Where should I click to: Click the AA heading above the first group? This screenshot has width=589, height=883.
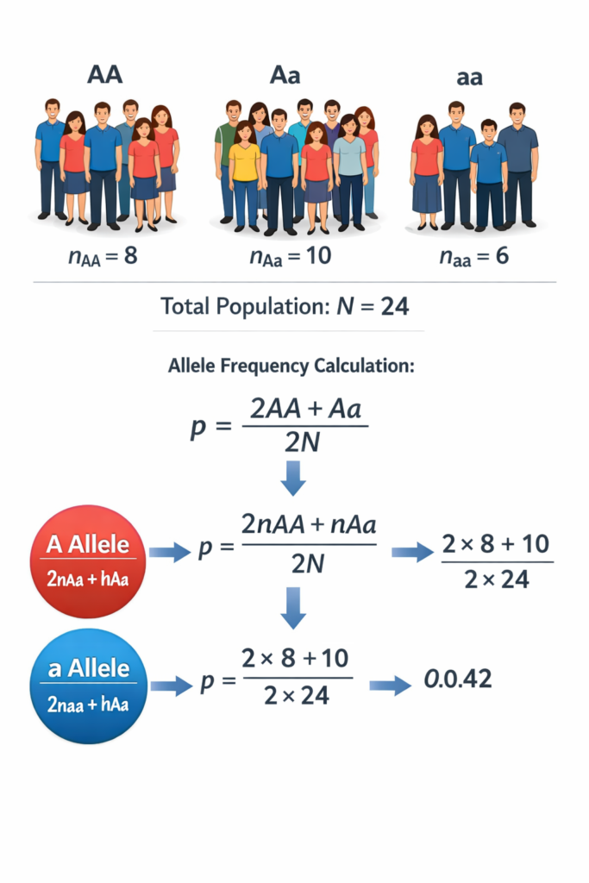tap(105, 74)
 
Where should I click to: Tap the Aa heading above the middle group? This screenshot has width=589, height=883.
tap(285, 74)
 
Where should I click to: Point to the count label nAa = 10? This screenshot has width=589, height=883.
tap(283, 256)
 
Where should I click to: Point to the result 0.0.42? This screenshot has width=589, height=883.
tap(458, 679)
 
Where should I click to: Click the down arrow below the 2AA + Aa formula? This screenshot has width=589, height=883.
tap(293, 478)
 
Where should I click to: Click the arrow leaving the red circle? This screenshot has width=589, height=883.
tap(169, 553)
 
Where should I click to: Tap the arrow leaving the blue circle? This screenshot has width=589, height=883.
tap(169, 686)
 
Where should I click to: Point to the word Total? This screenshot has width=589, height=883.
tap(191, 306)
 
